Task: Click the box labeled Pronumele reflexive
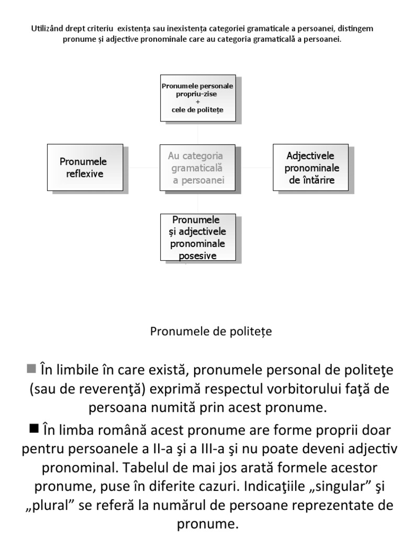pyautogui.click(x=85, y=167)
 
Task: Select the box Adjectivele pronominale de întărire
pyautogui.click(x=311, y=167)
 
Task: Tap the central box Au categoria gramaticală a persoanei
pyautogui.click(x=197, y=168)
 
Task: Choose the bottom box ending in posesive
pyautogui.click(x=197, y=237)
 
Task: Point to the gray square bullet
pyautogui.click(x=31, y=368)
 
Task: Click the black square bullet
pyautogui.click(x=35, y=429)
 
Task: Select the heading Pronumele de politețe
pyautogui.click(x=211, y=331)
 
